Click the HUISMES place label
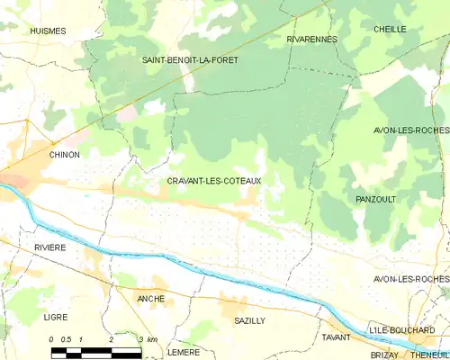pyautogui.click(x=48, y=31)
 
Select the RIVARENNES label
pyautogui.click(x=311, y=40)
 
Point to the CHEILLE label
pyautogui.click(x=390, y=29)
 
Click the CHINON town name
pyautogui.click(x=64, y=155)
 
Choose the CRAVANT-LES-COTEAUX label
pyautogui.click(x=214, y=181)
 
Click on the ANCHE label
pyautogui.click(x=150, y=298)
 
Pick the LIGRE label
pyautogui.click(x=55, y=318)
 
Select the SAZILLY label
pyautogui.click(x=249, y=320)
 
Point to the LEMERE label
pyautogui.click(x=184, y=352)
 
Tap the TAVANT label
pyautogui.click(x=337, y=337)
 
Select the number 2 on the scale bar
pyautogui.click(x=111, y=338)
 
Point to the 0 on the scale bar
pyautogui.click(x=52, y=338)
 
